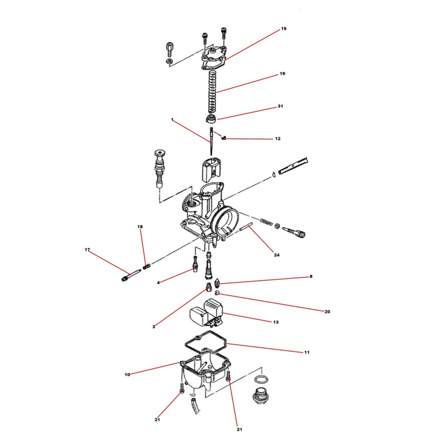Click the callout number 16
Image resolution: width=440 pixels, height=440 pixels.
point(284,29)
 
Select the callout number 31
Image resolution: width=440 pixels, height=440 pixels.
point(280,106)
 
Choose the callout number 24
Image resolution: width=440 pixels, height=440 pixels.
point(276,255)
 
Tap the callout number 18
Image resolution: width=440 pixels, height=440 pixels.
point(140,227)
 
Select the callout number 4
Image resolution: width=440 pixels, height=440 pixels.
point(158,283)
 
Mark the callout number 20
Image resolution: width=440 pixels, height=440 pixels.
point(328,311)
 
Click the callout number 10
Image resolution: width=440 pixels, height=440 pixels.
point(127,375)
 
